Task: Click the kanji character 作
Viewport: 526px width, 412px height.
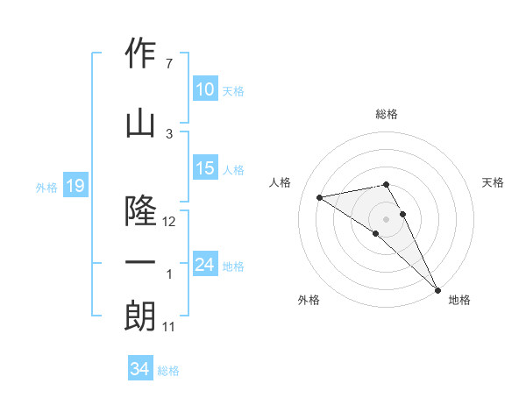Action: coord(140,53)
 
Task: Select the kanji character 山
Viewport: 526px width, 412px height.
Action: coord(140,124)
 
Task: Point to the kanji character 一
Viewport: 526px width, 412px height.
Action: coord(140,262)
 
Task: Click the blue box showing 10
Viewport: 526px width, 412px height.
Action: coord(205,89)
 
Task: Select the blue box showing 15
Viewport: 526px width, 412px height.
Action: coord(205,169)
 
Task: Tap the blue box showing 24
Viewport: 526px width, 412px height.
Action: coord(205,264)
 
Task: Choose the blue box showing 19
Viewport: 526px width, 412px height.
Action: coord(75,186)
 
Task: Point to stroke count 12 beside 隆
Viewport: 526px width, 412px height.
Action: coord(170,222)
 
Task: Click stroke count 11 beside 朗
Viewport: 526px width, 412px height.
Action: coord(170,326)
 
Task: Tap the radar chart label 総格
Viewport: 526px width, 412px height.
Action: coord(386,114)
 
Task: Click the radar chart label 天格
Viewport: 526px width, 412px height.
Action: coord(494,182)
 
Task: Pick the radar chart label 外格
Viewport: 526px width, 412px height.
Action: coord(309,300)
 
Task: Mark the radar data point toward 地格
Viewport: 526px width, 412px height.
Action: coord(437,289)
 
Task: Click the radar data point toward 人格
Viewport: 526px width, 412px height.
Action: coord(320,197)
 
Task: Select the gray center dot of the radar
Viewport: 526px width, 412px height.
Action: coord(386,218)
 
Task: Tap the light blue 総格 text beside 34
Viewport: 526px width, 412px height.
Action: coord(168,371)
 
